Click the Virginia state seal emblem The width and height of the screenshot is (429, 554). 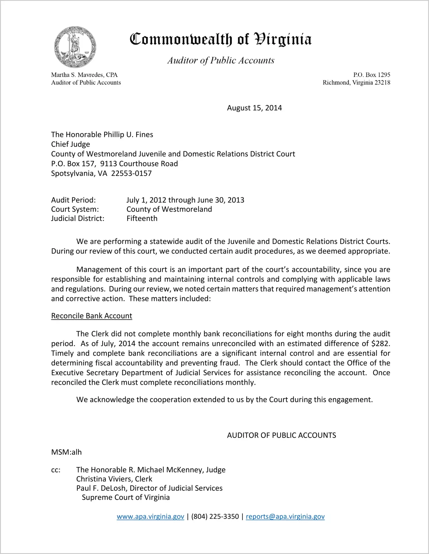click(75, 47)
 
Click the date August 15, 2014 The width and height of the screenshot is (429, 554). click(254, 108)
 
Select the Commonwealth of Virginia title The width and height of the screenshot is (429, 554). click(221, 39)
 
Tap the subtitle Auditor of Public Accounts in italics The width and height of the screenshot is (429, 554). click(221, 60)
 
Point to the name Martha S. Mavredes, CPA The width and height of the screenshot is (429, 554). click(84, 75)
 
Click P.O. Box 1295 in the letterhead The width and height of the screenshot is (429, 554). click(372, 75)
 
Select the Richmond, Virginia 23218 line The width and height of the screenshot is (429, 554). click(356, 83)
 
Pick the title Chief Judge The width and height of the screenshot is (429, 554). click(71, 144)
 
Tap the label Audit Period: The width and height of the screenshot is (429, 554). click(74, 200)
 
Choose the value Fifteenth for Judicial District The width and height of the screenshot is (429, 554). click(142, 218)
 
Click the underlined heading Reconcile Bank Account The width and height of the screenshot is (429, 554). click(92, 316)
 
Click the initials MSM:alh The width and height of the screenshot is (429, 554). click(66, 452)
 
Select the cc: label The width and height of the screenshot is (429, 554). click(56, 470)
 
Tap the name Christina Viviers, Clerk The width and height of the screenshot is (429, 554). click(114, 479)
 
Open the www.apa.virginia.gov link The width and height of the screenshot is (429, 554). click(150, 516)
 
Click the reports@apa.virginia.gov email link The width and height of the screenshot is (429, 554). click(285, 516)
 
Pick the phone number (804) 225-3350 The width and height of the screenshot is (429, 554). click(215, 516)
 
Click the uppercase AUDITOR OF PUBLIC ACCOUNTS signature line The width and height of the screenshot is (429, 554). click(281, 435)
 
